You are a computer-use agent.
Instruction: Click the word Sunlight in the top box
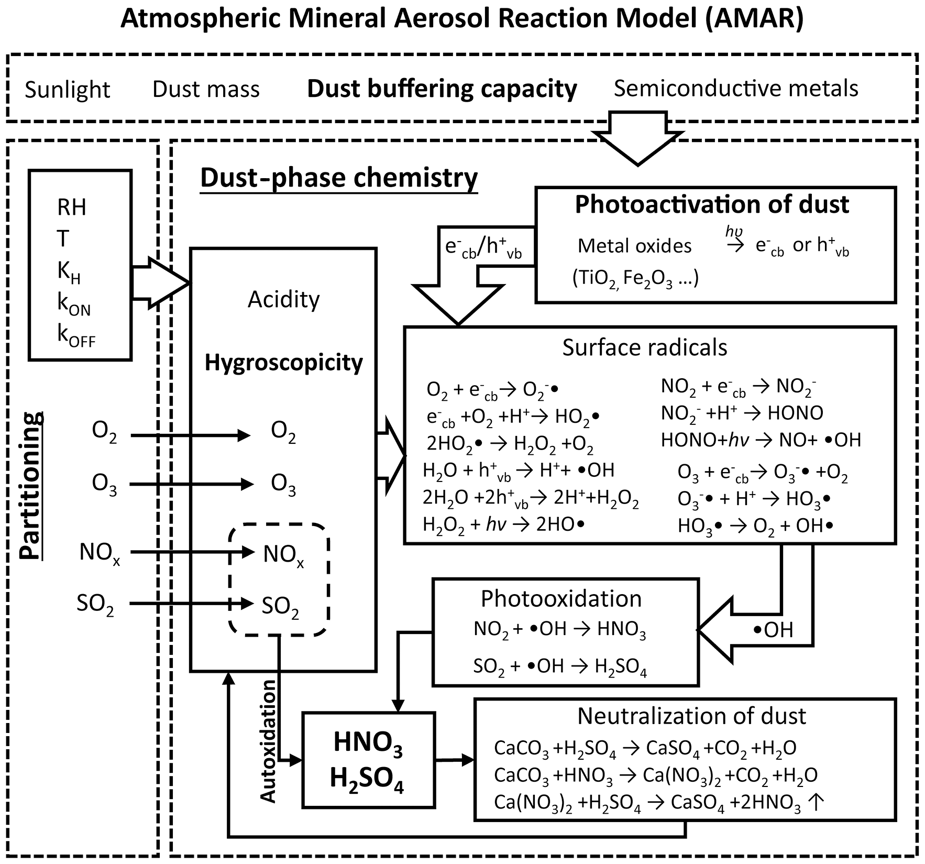point(67,90)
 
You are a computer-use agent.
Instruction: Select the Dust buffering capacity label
point(442,89)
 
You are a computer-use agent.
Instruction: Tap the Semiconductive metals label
point(736,88)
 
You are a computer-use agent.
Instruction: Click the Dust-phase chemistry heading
point(339,178)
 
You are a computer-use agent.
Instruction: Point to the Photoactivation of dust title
point(712,204)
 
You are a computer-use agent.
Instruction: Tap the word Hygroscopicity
point(283,363)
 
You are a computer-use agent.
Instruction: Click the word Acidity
point(283,299)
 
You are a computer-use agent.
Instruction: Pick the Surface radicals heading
point(645,347)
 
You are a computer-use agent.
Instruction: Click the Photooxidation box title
point(561,598)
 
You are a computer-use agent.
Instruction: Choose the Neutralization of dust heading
point(691,716)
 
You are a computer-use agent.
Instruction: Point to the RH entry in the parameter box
point(72,207)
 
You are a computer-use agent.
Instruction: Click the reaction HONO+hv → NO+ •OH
point(761,440)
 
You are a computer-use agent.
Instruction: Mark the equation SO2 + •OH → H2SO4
point(560,666)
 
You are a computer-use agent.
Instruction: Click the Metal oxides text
point(634,246)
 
